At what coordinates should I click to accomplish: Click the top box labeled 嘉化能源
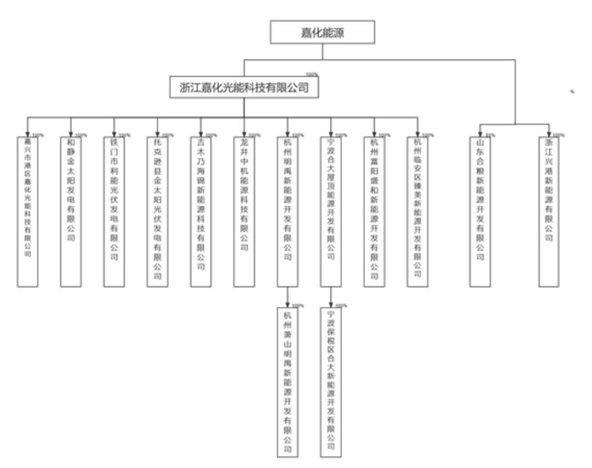pyautogui.click(x=322, y=31)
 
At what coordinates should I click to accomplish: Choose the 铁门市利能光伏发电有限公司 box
pyautogui.click(x=114, y=211)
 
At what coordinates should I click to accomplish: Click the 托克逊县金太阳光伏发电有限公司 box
pyautogui.click(x=158, y=211)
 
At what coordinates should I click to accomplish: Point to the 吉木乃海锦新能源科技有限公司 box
pyautogui.click(x=201, y=211)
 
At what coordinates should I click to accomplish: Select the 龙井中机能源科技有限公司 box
pyautogui.click(x=244, y=211)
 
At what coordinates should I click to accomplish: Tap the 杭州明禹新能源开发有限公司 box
pyautogui.click(x=287, y=211)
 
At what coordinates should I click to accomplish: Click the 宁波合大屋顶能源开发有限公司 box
pyautogui.click(x=331, y=211)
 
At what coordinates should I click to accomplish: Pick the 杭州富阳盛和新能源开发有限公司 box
pyautogui.click(x=374, y=211)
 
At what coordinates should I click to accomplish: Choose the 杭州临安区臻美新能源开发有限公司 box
pyautogui.click(x=418, y=211)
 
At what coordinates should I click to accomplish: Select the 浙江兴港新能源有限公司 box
pyautogui.click(x=549, y=211)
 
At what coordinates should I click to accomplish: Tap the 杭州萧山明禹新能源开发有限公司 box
pyautogui.click(x=287, y=382)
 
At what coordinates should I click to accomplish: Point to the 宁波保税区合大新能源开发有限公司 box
pyautogui.click(x=331, y=382)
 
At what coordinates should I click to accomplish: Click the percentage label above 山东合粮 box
pyautogui.click(x=491, y=134)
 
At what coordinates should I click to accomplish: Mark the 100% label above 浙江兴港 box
pyautogui.click(x=559, y=134)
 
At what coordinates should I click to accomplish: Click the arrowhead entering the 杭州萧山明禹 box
pyautogui.click(x=287, y=304)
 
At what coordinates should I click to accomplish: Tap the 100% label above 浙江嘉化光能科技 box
pyautogui.click(x=311, y=74)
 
